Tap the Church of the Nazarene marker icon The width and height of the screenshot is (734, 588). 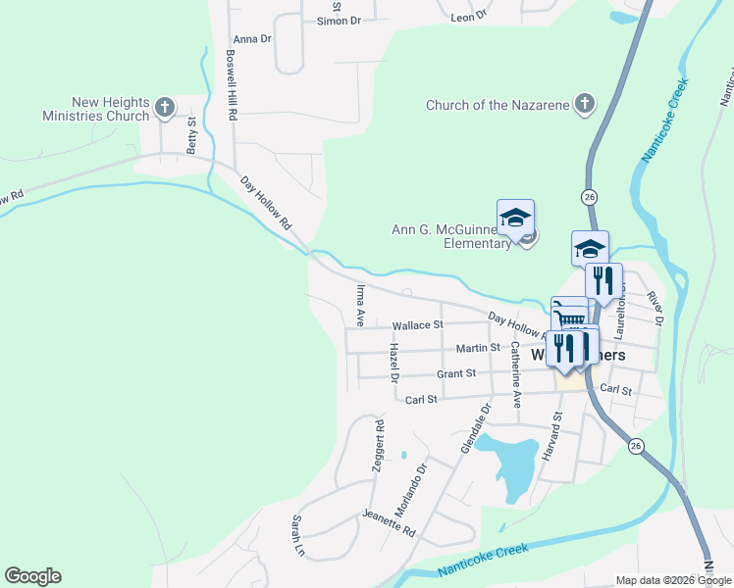(x=584, y=104)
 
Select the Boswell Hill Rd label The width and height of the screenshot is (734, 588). (x=232, y=85)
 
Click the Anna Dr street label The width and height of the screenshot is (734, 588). (x=252, y=39)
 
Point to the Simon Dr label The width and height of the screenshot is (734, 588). (x=340, y=20)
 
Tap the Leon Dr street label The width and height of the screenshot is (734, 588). (x=469, y=17)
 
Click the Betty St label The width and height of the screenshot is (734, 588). (x=192, y=136)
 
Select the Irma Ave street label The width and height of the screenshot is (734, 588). (x=360, y=305)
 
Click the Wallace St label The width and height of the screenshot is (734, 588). (x=418, y=324)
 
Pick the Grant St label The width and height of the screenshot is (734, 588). (x=456, y=373)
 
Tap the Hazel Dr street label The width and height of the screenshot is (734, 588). (x=394, y=364)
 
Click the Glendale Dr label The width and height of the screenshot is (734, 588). (x=475, y=428)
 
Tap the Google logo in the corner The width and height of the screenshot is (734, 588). (x=32, y=576)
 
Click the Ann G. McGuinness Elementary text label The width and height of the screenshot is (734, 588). (x=451, y=236)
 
